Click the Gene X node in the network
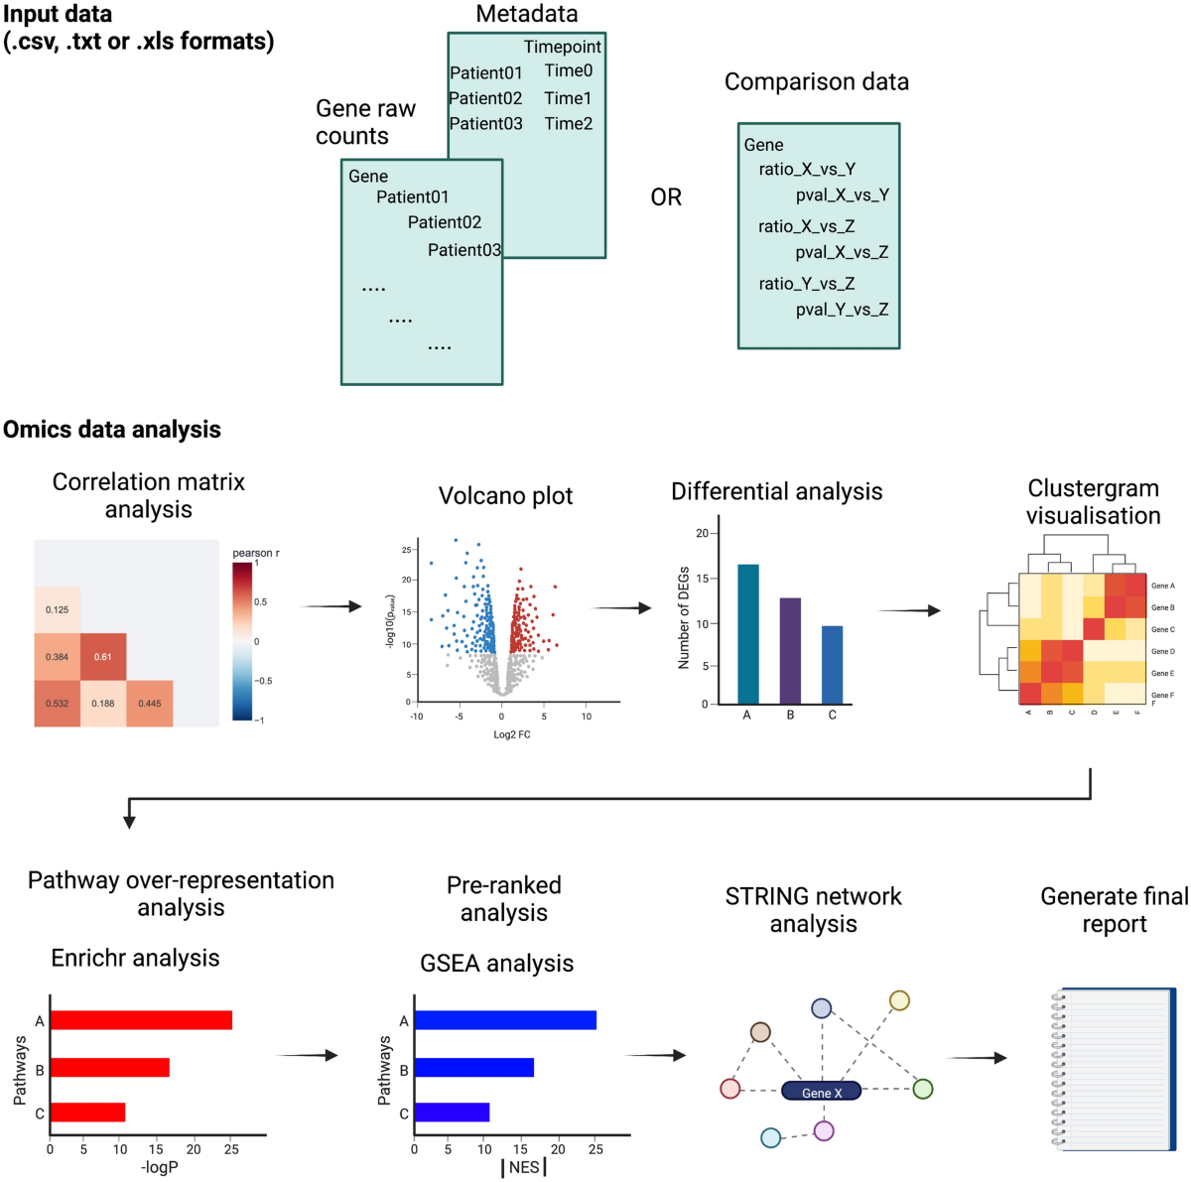coord(822,1092)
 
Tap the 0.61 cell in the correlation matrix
coord(103,657)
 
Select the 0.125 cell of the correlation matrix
coord(58,609)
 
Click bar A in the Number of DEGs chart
coord(748,635)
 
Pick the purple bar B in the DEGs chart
coord(790,651)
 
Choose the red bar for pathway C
coord(87,1113)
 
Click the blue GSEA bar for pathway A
coord(505,1020)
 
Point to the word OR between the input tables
coord(666,197)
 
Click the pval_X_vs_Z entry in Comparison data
coord(842,252)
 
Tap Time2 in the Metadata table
coord(569,124)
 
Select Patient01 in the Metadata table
coord(486,72)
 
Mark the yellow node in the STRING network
coord(899,1000)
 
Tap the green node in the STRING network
coord(923,1089)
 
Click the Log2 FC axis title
coord(512,734)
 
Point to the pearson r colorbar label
coord(256,553)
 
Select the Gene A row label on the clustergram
coord(1162,586)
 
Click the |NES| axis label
coord(524,1167)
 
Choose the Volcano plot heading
coord(505,495)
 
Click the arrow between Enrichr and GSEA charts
coord(308,1056)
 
